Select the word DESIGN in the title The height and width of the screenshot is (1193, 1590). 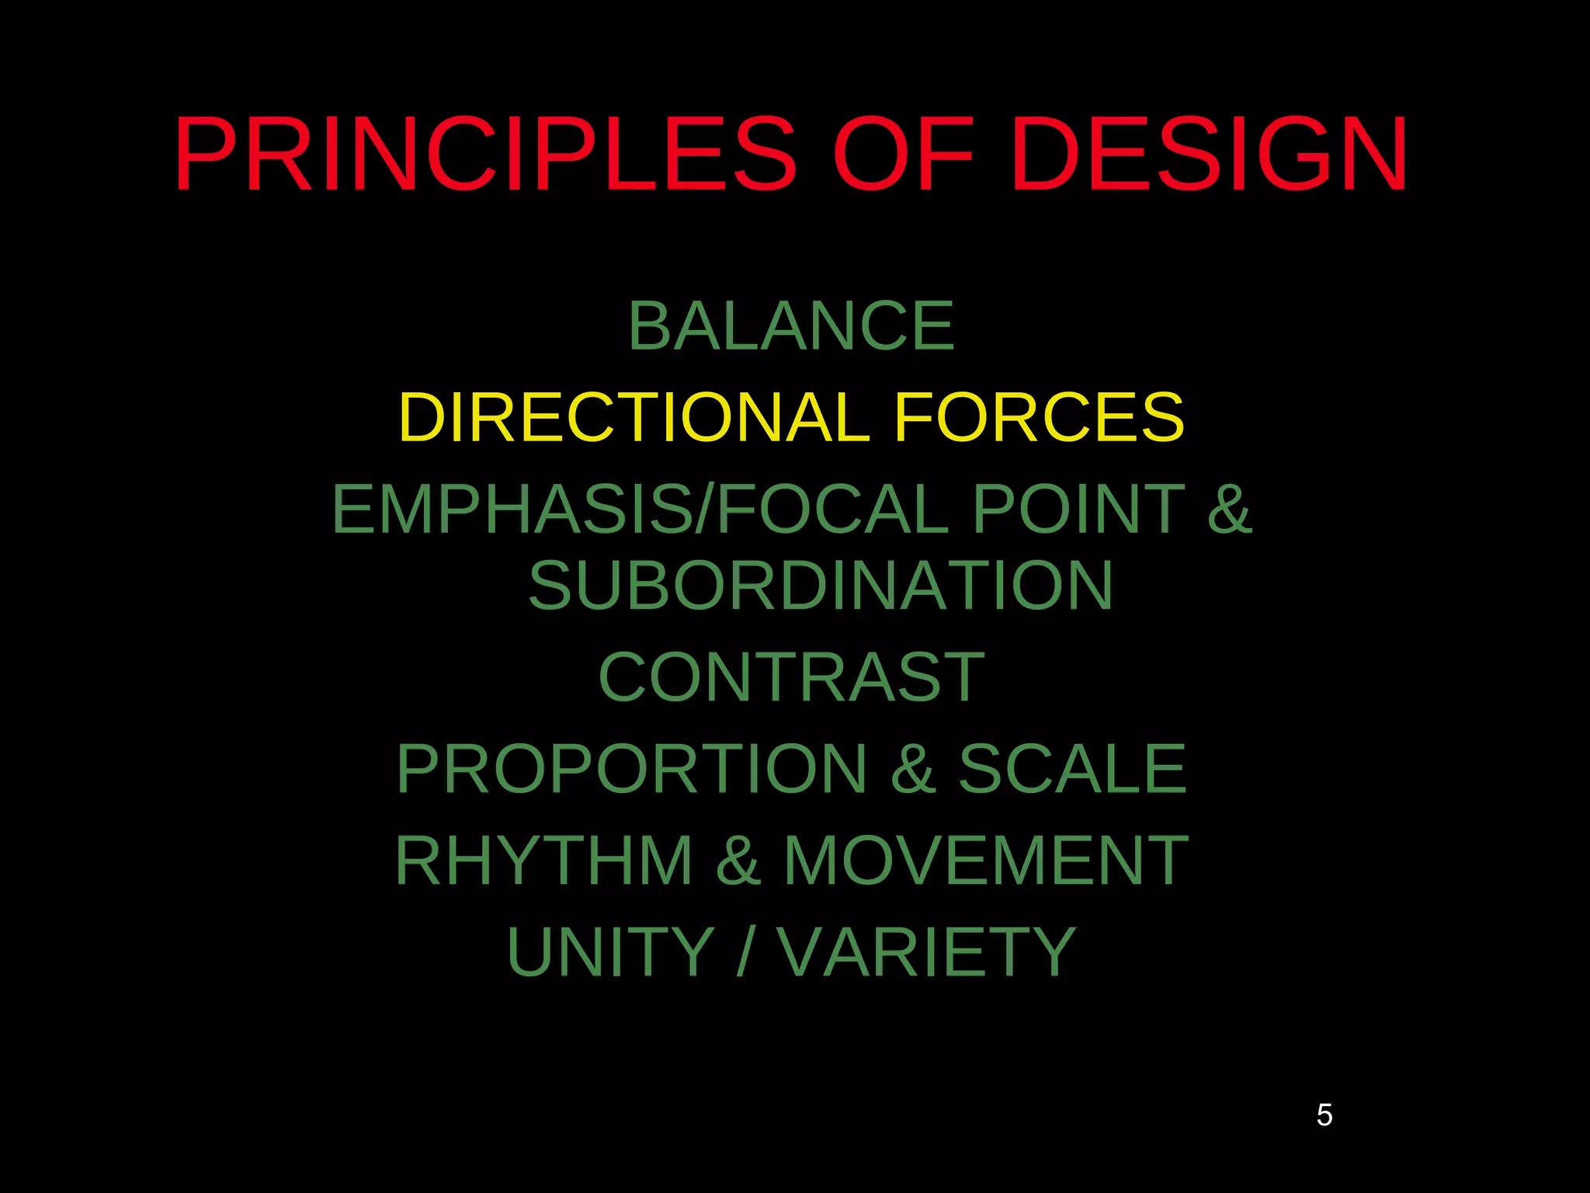tap(1209, 154)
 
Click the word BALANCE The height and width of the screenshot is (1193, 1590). tap(791, 326)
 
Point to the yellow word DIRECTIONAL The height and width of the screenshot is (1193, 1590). tap(634, 417)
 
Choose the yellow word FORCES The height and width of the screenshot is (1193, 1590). tap(1040, 417)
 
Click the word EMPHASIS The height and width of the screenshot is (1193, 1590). tap(512, 509)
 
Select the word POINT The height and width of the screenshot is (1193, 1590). tap(1078, 509)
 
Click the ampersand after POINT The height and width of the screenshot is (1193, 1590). tap(1229, 509)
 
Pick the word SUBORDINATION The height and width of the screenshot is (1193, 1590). tap(821, 586)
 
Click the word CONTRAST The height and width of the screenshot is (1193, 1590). tap(791, 677)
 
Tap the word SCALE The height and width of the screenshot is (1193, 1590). tap(1073, 769)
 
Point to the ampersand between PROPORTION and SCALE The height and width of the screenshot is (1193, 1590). tap(913, 769)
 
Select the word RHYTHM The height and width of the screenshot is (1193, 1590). tap(543, 861)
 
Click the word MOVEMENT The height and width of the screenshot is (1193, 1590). tap(986, 861)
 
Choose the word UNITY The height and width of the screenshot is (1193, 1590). tap(610, 952)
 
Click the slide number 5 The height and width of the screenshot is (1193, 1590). tap(1324, 1115)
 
